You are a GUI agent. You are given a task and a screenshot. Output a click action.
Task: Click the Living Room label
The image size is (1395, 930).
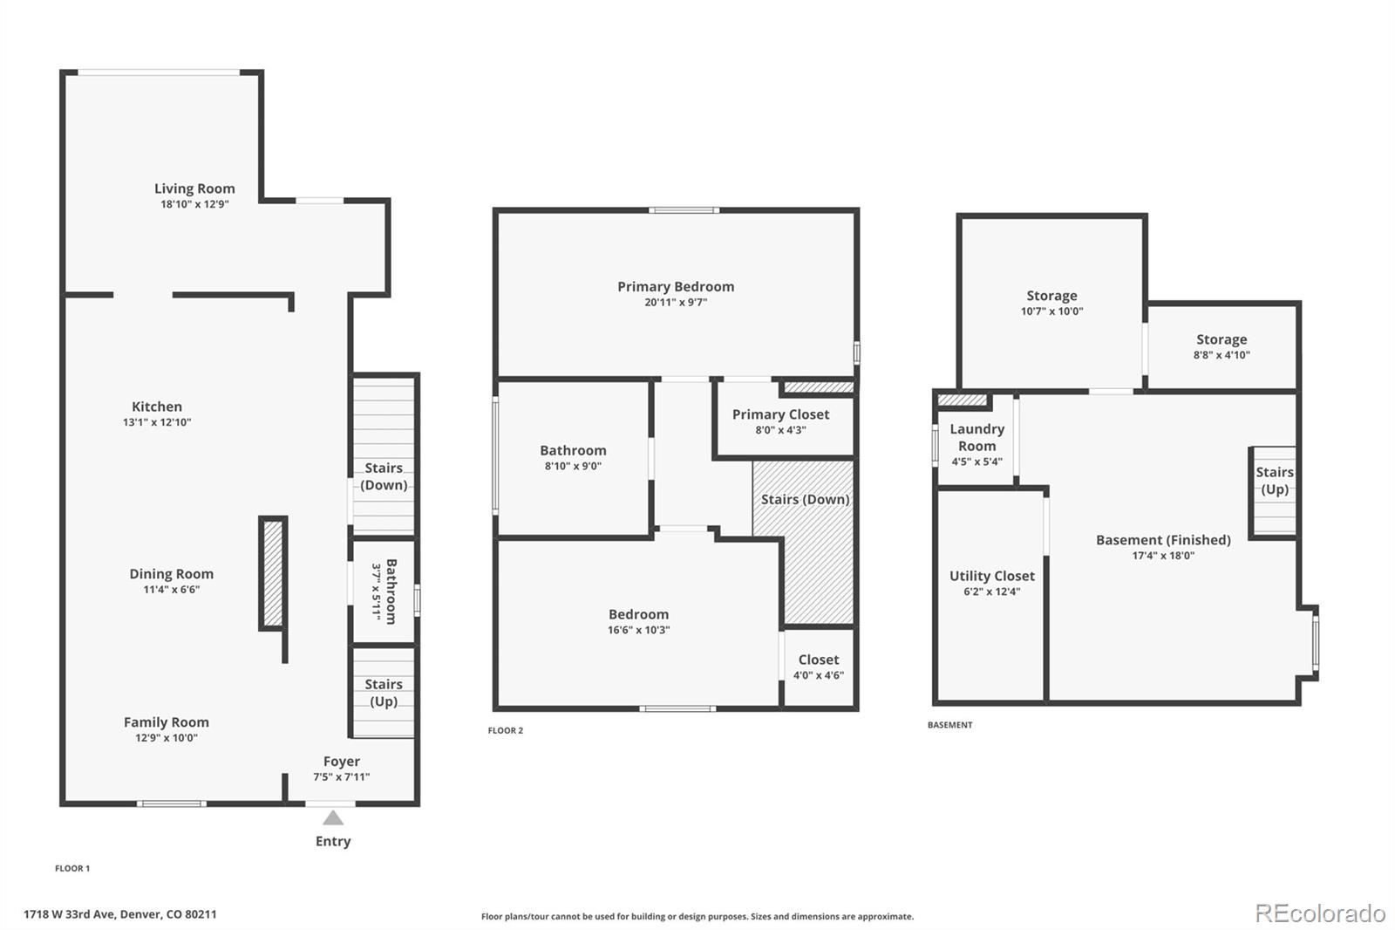click(x=195, y=188)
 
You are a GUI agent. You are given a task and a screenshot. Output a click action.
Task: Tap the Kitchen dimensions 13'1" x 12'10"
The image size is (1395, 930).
click(x=157, y=422)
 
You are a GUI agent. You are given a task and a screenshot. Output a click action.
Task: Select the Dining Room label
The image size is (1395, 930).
click(x=171, y=573)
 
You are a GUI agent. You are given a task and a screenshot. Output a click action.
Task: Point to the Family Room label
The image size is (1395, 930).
click(x=167, y=721)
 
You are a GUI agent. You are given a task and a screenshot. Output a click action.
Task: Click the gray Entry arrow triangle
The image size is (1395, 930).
click(x=333, y=817)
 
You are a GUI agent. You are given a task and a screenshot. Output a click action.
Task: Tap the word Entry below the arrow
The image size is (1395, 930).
click(x=333, y=842)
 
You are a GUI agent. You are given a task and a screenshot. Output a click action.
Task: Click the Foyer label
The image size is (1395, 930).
click(x=341, y=761)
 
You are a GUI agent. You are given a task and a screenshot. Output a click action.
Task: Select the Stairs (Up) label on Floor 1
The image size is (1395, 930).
click(x=384, y=693)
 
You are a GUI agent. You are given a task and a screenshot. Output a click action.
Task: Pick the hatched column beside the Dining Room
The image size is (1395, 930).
click(x=273, y=573)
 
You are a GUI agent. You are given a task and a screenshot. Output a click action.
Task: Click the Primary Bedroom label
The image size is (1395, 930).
click(x=676, y=287)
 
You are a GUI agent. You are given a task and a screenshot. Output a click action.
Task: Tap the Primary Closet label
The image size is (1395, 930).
click(x=781, y=414)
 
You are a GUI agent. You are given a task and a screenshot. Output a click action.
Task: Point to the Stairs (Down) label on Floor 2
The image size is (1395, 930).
click(x=806, y=499)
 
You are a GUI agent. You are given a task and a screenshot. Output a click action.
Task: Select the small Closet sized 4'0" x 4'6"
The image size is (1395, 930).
click(x=819, y=667)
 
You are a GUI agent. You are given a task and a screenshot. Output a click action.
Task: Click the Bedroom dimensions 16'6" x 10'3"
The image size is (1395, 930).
click(x=639, y=630)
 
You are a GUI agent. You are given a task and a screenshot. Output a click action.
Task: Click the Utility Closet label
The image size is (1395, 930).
click(x=992, y=576)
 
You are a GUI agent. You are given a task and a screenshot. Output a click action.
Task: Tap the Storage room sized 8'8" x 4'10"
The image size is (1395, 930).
click(x=1221, y=346)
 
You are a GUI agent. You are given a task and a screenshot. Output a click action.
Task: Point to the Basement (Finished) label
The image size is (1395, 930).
click(x=1163, y=540)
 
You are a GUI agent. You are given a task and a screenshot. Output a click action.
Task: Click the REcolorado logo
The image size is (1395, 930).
click(x=1320, y=913)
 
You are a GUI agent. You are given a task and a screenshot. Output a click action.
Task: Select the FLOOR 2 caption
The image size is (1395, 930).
click(x=506, y=730)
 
